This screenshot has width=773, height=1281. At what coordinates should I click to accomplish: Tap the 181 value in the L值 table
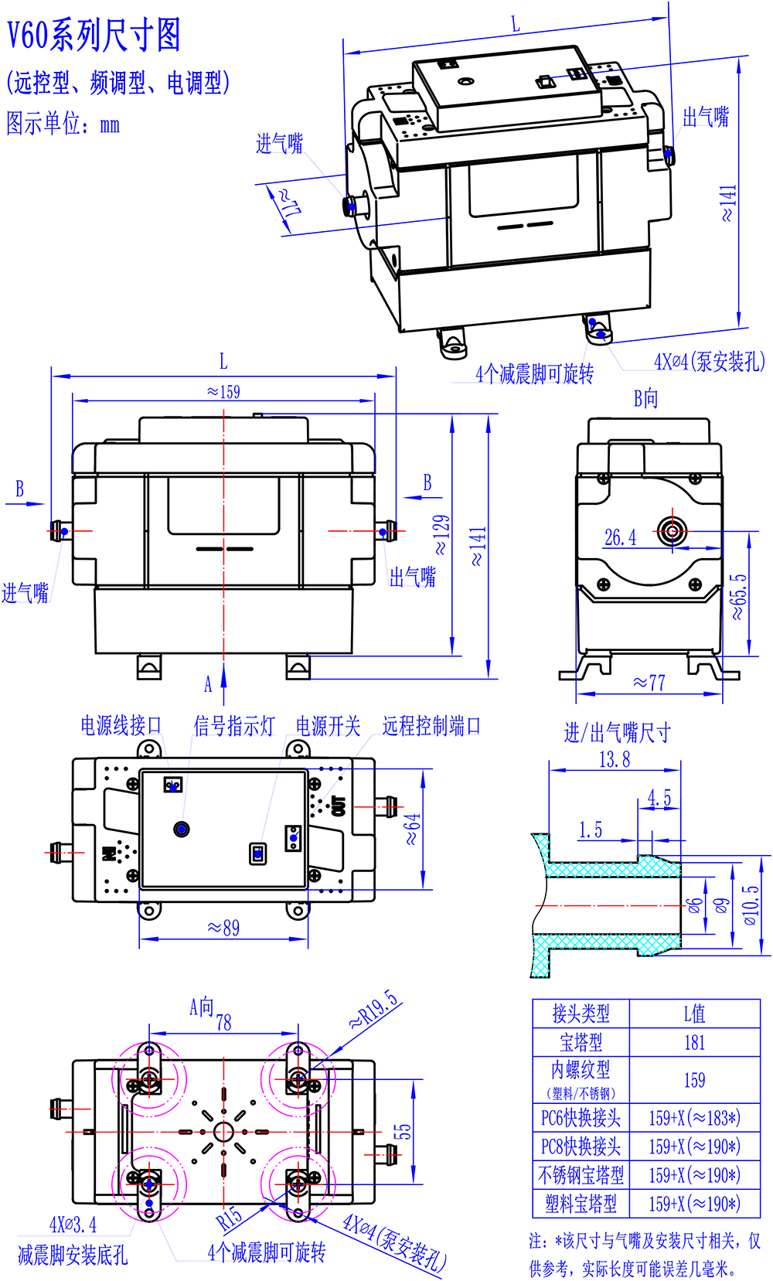(x=694, y=1042)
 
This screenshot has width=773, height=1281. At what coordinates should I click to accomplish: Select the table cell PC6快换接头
(x=581, y=1118)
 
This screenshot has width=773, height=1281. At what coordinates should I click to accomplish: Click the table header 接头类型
(x=581, y=1014)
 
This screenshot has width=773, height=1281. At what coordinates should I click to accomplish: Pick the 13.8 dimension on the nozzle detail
(x=615, y=760)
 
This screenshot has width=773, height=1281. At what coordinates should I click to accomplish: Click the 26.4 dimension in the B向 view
(x=621, y=538)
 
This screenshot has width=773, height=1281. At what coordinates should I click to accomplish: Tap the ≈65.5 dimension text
(x=739, y=596)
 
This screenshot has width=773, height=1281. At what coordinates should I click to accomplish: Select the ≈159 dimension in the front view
(x=223, y=392)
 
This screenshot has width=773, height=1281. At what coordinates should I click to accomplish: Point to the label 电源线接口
(x=121, y=725)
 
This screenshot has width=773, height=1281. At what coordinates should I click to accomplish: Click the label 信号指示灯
(x=233, y=726)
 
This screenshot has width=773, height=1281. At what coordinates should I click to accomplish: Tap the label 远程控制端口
(x=431, y=725)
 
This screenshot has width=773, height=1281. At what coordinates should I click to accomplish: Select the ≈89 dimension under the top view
(x=223, y=928)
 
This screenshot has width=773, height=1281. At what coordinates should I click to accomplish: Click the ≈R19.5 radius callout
(x=374, y=1010)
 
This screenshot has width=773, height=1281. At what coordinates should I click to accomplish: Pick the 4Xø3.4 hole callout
(x=73, y=1225)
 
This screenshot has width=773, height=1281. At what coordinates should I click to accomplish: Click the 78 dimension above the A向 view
(x=223, y=1023)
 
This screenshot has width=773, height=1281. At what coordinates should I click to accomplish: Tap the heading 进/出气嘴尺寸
(x=617, y=733)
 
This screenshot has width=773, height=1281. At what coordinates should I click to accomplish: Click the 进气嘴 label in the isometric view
(x=279, y=144)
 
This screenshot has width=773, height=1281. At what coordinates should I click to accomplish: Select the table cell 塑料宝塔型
(x=581, y=1204)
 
